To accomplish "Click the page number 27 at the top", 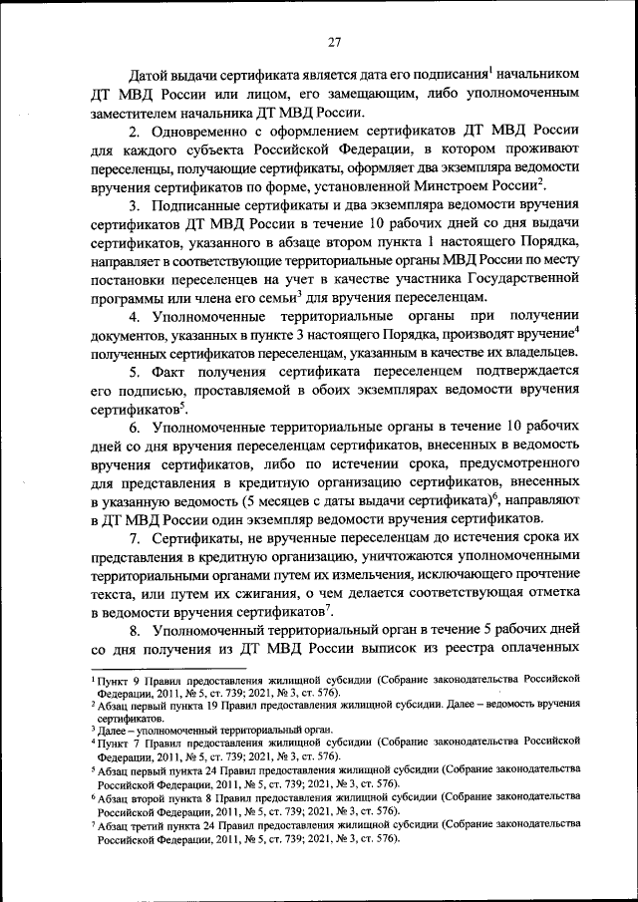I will (x=335, y=41).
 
